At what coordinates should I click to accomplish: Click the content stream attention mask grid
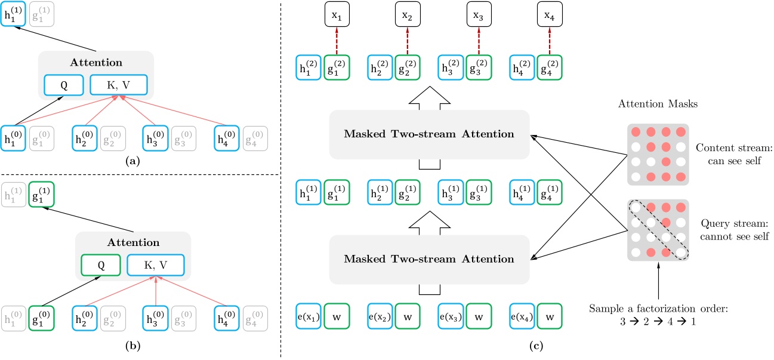tap(656, 153)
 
